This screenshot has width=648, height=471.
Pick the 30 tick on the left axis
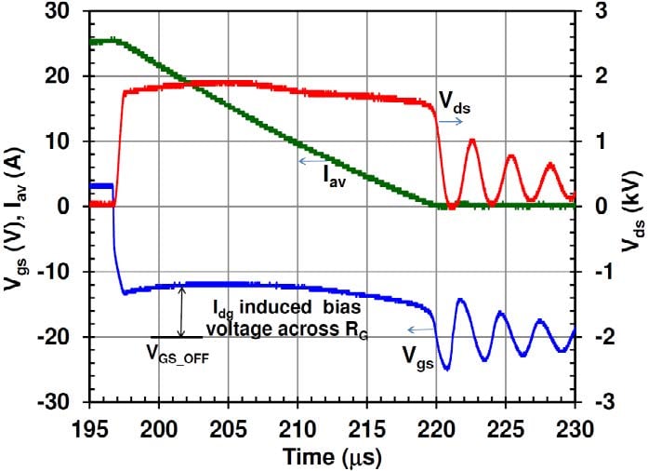pyautogui.click(x=63, y=12)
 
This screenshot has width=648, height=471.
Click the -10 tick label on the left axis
pyautogui.click(x=60, y=272)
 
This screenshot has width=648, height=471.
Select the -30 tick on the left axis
pyautogui.click(x=60, y=402)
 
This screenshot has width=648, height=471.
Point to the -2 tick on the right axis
pyautogui.click(x=597, y=337)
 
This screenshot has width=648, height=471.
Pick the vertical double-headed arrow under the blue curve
pyautogui.click(x=182, y=312)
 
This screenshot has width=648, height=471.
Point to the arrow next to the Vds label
pyautogui.click(x=454, y=121)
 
